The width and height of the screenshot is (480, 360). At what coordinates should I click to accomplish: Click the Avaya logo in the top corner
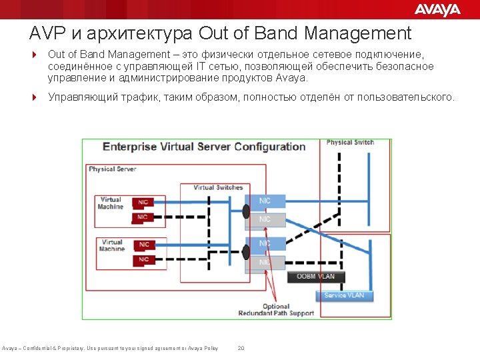(437, 9)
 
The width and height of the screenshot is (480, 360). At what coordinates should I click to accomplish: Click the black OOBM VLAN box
(316, 276)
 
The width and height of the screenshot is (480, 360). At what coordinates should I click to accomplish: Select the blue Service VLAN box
(345, 295)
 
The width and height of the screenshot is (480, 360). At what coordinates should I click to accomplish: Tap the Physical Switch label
(350, 143)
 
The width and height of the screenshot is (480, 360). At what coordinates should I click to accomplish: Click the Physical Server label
(113, 169)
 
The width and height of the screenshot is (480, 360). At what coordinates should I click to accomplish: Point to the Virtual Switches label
(219, 187)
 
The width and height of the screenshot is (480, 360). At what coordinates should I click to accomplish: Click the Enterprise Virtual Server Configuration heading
(204, 147)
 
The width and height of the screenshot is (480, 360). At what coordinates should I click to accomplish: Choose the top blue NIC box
(265, 201)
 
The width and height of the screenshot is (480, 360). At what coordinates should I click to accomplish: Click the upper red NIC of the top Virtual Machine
(143, 203)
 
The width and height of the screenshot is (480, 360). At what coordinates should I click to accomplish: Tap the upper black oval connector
(246, 211)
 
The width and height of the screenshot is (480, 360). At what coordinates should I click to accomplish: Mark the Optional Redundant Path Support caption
(276, 310)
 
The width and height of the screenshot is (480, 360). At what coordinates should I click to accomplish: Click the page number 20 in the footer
(241, 348)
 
